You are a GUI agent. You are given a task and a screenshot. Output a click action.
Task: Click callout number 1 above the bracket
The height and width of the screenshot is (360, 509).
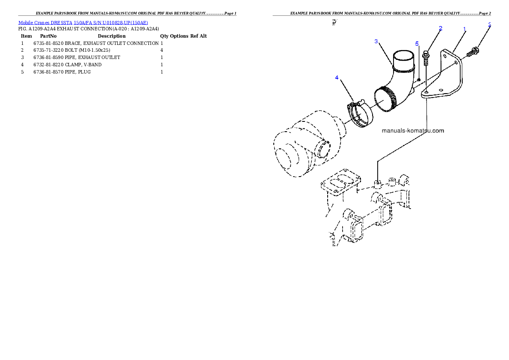465,29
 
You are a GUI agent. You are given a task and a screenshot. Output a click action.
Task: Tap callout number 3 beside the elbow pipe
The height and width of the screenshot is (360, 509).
376,41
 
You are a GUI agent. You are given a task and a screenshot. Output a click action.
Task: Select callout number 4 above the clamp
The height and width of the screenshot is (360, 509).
337,77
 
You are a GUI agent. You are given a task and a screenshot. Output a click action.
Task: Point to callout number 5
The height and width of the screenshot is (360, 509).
417,44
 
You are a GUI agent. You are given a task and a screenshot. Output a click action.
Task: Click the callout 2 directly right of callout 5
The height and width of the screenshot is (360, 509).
441,28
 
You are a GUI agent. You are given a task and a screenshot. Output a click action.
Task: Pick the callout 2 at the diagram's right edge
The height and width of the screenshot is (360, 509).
489,25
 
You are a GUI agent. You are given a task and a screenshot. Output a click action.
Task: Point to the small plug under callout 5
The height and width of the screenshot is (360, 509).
419,79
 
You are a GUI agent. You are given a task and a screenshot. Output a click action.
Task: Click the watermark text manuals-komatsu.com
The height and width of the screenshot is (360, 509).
413,131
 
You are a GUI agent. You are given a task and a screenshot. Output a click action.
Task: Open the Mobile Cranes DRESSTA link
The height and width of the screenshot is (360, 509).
83,23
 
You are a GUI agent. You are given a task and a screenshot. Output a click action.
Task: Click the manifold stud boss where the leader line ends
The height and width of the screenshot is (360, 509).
377,184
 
